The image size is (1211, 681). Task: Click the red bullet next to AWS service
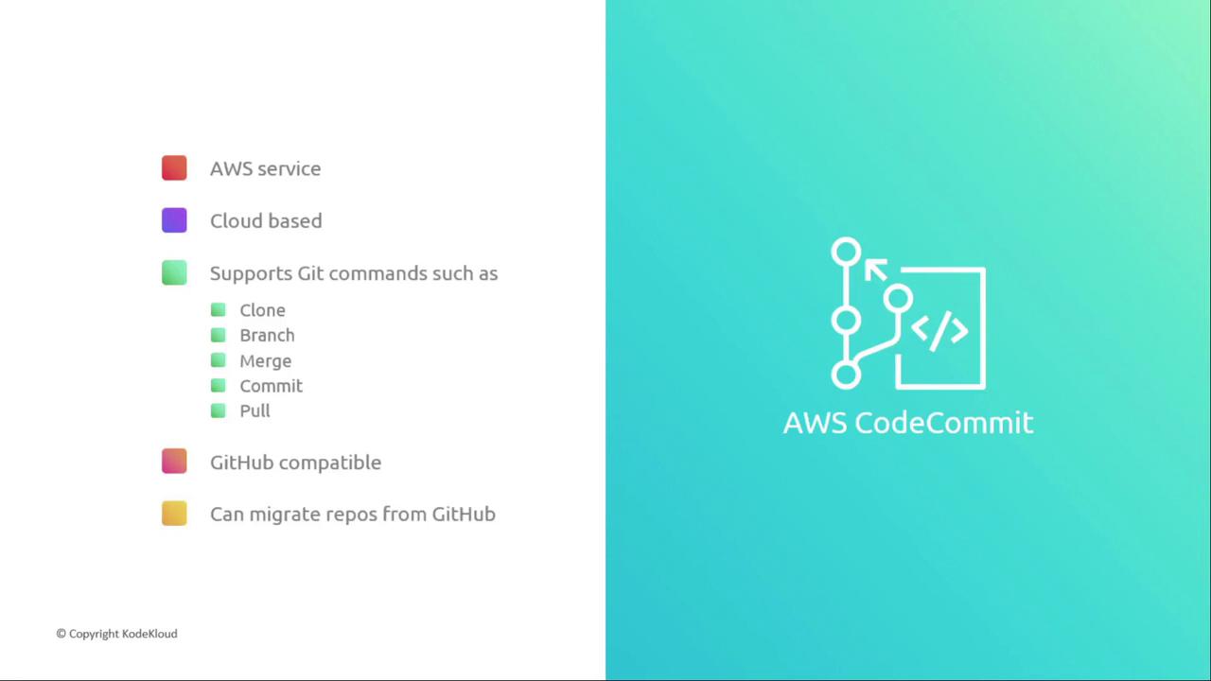pos(174,167)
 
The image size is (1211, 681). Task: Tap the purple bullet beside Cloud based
pos(174,220)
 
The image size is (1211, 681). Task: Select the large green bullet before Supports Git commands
pos(174,272)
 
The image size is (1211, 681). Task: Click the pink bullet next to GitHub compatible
pos(174,461)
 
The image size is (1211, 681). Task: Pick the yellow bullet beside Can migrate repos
pos(174,514)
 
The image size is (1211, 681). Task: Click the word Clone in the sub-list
pos(262,310)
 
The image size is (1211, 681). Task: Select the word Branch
pos(267,335)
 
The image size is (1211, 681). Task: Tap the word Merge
pos(266,361)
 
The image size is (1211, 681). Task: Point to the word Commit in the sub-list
pos(271,386)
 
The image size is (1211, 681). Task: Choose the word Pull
pos(254,410)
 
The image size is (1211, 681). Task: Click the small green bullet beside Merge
pos(218,360)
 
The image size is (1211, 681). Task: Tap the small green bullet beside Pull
pos(218,410)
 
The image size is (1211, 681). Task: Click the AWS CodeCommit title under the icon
pos(908,423)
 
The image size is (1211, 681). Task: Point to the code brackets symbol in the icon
pos(939,331)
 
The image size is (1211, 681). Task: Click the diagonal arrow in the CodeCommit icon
pos(876,270)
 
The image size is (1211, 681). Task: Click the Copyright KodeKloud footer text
pos(116,634)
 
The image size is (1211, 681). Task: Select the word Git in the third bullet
pos(310,273)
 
